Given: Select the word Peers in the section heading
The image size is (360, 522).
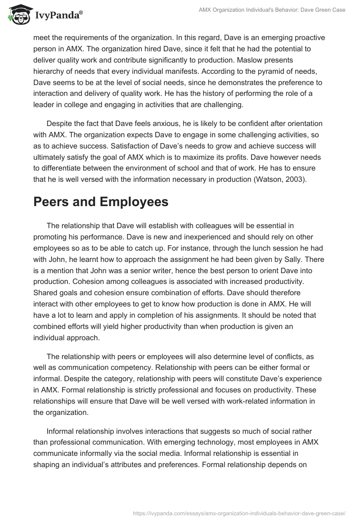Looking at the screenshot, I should coord(54,202).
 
